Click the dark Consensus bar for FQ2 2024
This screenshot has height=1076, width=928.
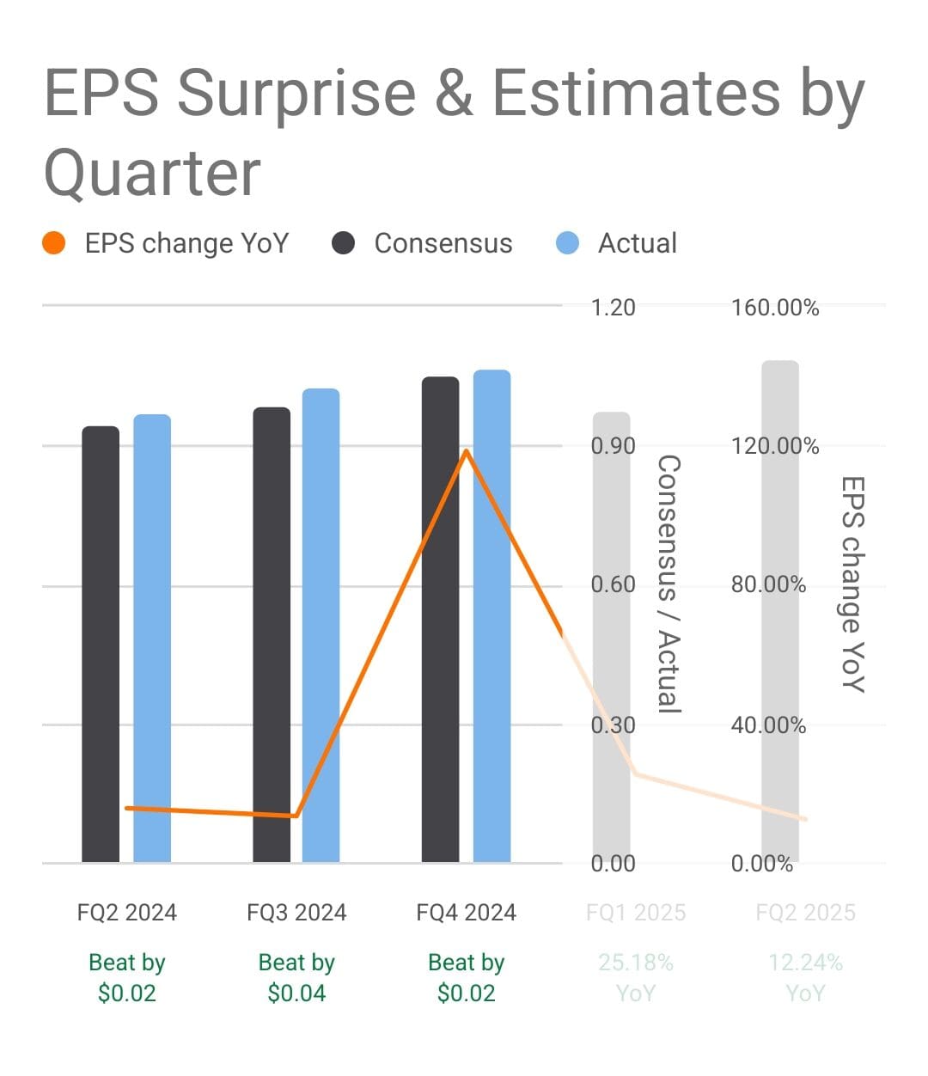tap(101, 645)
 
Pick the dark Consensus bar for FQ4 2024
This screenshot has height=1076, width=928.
tap(440, 619)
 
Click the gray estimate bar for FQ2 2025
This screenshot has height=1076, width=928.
tap(779, 610)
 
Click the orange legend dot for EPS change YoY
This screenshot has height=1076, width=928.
tap(53, 243)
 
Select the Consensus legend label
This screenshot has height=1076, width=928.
tap(443, 243)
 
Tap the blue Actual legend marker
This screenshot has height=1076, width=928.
tap(567, 243)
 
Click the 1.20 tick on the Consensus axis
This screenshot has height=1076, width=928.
tap(613, 308)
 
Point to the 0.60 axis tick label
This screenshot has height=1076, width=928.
tap(613, 585)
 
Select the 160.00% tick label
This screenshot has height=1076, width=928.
tap(774, 308)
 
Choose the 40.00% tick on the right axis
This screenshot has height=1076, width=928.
tap(768, 725)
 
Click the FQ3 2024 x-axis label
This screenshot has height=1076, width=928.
tap(296, 912)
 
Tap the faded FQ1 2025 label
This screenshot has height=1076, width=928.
tap(636, 912)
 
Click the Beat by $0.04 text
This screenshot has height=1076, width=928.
tap(296, 978)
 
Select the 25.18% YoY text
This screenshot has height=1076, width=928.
tap(636, 978)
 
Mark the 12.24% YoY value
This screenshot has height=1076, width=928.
tap(805, 978)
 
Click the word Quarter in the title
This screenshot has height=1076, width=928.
tap(152, 173)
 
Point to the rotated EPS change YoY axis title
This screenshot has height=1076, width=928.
tap(852, 584)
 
